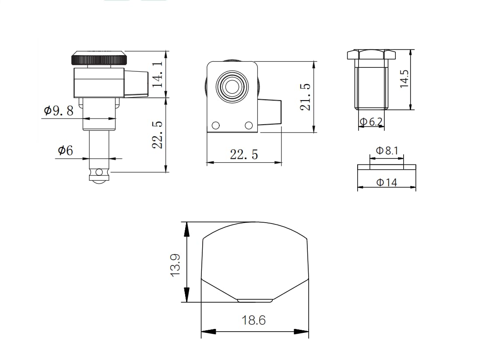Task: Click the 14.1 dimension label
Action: click(x=158, y=74)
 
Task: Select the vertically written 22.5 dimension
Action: click(x=158, y=135)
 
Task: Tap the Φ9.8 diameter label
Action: click(x=59, y=110)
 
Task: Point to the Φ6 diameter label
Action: click(x=66, y=150)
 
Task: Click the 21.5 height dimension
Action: click(x=306, y=97)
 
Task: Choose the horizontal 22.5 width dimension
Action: click(x=244, y=154)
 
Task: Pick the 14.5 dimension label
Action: click(x=404, y=79)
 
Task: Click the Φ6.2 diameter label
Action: click(x=371, y=122)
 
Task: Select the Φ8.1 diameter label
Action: click(x=387, y=150)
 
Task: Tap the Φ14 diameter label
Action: click(x=387, y=182)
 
